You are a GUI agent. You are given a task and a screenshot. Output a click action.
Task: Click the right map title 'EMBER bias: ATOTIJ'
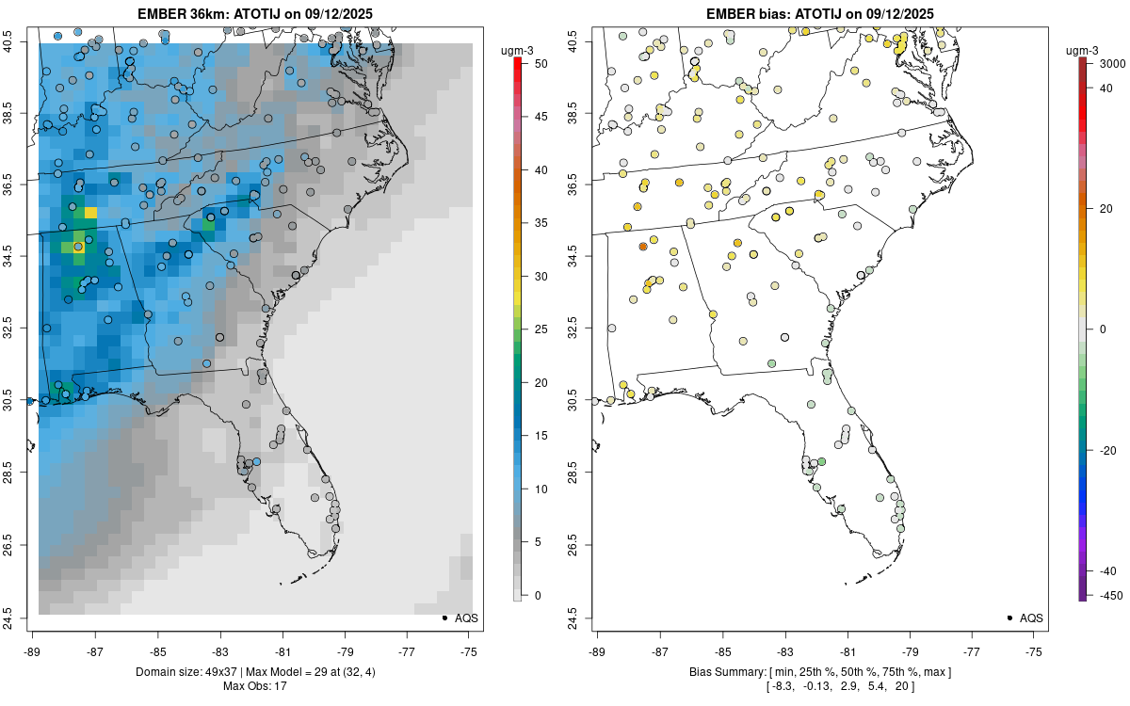click(819, 13)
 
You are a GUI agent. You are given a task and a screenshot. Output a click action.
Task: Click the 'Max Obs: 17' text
click(254, 685)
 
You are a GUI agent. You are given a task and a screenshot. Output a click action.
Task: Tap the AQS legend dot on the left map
click(444, 618)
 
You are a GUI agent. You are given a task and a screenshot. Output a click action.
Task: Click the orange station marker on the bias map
click(643, 247)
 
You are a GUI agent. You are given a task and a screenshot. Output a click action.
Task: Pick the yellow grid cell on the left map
click(90, 213)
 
